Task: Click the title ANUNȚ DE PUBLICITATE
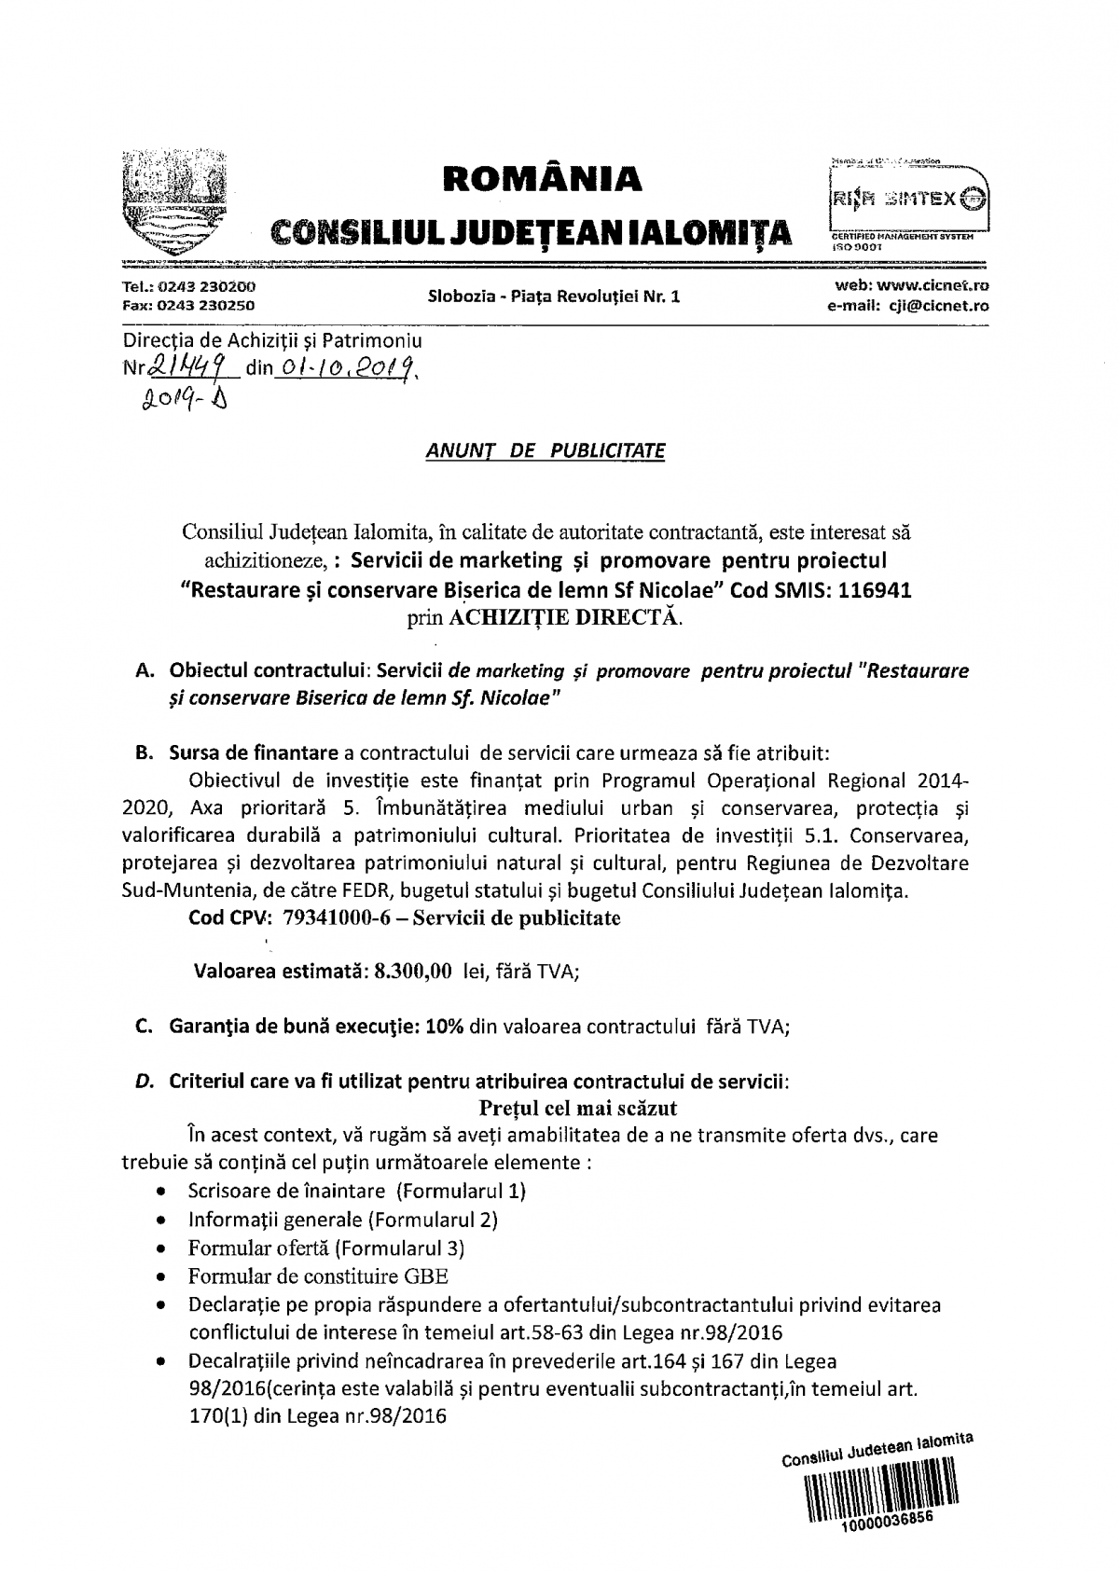pyautogui.click(x=546, y=451)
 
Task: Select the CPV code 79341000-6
pyautogui.click(x=332, y=917)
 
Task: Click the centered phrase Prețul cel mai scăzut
pyautogui.click(x=577, y=1108)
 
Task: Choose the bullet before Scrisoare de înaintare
pyautogui.click(x=164, y=1192)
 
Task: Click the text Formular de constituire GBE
pyautogui.click(x=318, y=1276)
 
